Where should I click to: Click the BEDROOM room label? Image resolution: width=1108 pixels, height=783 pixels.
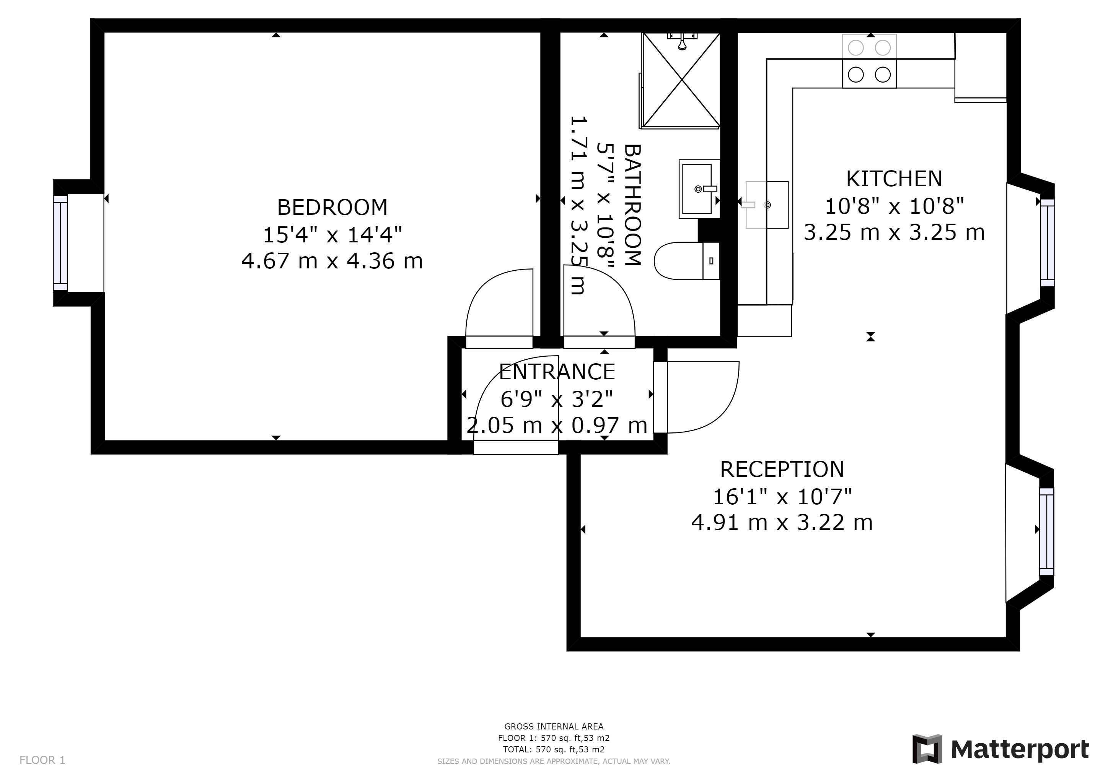pos(332,207)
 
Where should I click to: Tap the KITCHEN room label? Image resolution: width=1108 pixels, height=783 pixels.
pos(894,179)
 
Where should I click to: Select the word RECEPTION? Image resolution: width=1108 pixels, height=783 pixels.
pos(782,469)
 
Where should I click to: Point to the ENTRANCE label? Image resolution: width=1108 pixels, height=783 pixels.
pos(557,372)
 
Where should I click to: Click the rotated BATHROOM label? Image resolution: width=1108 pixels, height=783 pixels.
pos(633,205)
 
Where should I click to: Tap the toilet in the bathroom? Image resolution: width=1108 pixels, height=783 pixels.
pos(687,261)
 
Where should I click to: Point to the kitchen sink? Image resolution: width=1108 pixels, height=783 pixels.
pos(767,205)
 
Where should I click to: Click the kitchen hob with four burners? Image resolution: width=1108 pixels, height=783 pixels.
pos(869,61)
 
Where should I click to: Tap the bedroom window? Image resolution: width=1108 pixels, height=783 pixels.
pos(60,243)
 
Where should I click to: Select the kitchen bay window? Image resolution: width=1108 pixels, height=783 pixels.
pos(1047,242)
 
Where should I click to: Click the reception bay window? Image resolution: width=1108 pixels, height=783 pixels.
pos(1047,531)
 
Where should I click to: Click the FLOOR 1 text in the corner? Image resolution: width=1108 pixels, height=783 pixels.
pos(42,760)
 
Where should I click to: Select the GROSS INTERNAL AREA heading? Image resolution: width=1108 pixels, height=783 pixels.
pos(554,726)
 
